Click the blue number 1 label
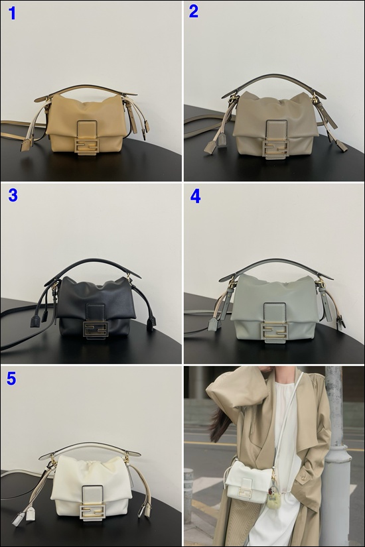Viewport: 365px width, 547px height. pyautogui.click(x=12, y=13)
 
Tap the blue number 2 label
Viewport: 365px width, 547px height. pyautogui.click(x=194, y=11)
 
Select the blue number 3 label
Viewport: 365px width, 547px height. pyautogui.click(x=13, y=196)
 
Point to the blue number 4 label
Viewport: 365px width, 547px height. pyautogui.click(x=195, y=197)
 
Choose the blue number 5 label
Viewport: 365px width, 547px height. pyautogui.click(x=11, y=379)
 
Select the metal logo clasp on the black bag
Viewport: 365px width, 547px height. pyautogui.click(x=96, y=330)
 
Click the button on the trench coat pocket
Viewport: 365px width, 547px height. pyautogui.click(x=305, y=477)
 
